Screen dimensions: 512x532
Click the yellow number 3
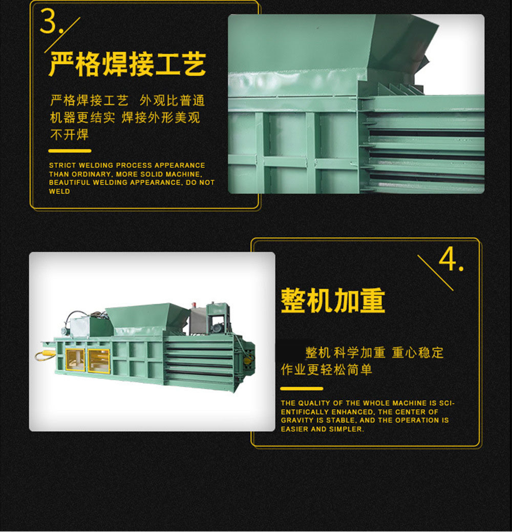48,21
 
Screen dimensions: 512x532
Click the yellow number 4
448,259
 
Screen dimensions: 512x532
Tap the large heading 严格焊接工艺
127,64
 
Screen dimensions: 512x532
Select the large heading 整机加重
333,301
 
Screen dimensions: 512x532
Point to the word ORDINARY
91,174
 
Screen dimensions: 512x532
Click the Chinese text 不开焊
70,135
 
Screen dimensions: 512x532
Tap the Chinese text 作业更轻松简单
327,369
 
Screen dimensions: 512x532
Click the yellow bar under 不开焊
70,151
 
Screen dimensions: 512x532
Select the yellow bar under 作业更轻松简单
302,389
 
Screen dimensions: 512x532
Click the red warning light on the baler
194,304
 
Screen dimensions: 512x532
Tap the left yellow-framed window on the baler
75,360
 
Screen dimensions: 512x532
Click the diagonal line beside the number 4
435,273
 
